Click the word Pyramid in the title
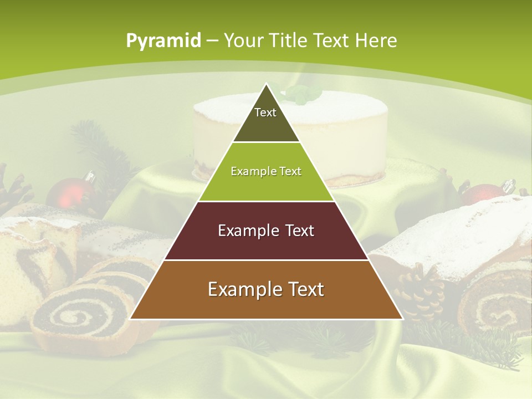[x=163, y=41]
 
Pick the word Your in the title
[x=244, y=40]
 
